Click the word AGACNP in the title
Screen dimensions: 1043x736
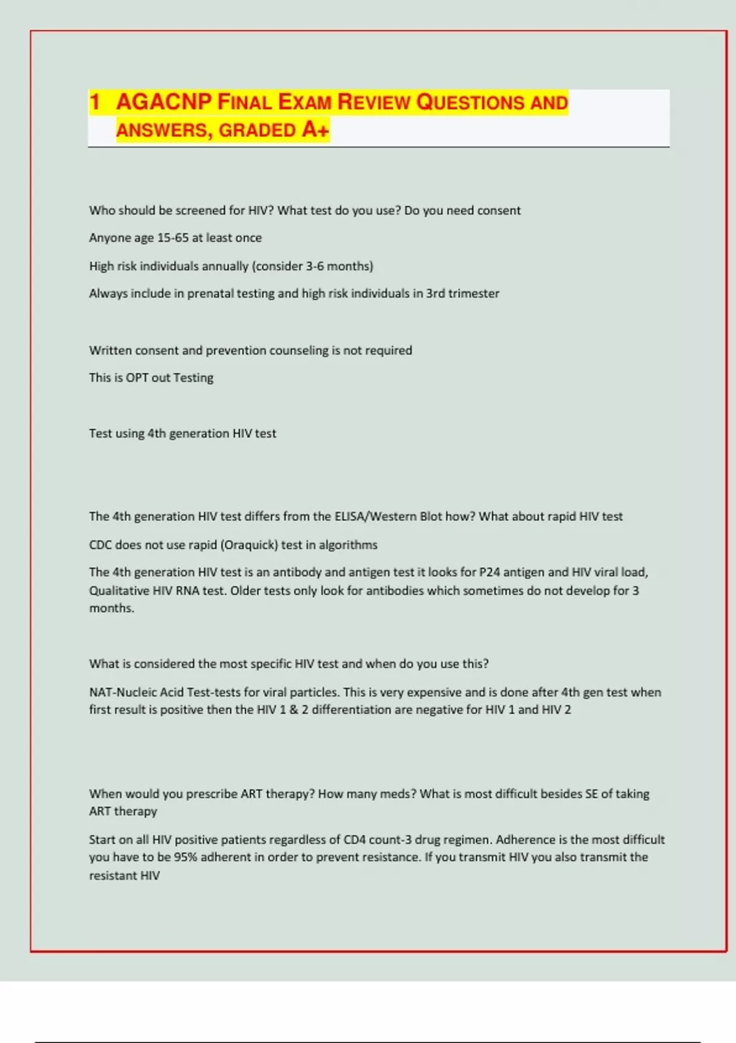pyautogui.click(x=164, y=102)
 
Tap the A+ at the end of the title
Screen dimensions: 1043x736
pyautogui.click(x=315, y=129)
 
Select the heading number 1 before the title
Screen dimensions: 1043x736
pyautogui.click(x=94, y=102)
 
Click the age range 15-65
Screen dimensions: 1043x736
pyautogui.click(x=173, y=238)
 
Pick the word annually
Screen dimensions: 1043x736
pyautogui.click(x=225, y=266)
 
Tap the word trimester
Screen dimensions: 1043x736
pyautogui.click(x=473, y=294)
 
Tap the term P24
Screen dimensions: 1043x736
pyautogui.click(x=489, y=572)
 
